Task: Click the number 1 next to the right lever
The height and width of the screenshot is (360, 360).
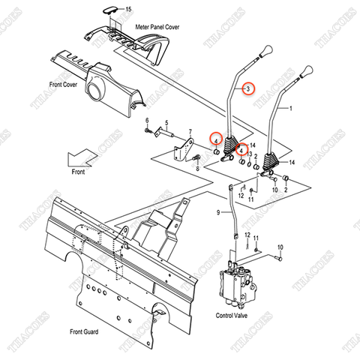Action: coord(291,110)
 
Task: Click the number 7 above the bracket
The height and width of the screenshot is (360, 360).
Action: coord(190,130)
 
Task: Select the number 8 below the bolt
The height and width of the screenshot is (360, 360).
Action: coord(196,169)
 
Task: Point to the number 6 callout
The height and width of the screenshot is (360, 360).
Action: coord(148,121)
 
